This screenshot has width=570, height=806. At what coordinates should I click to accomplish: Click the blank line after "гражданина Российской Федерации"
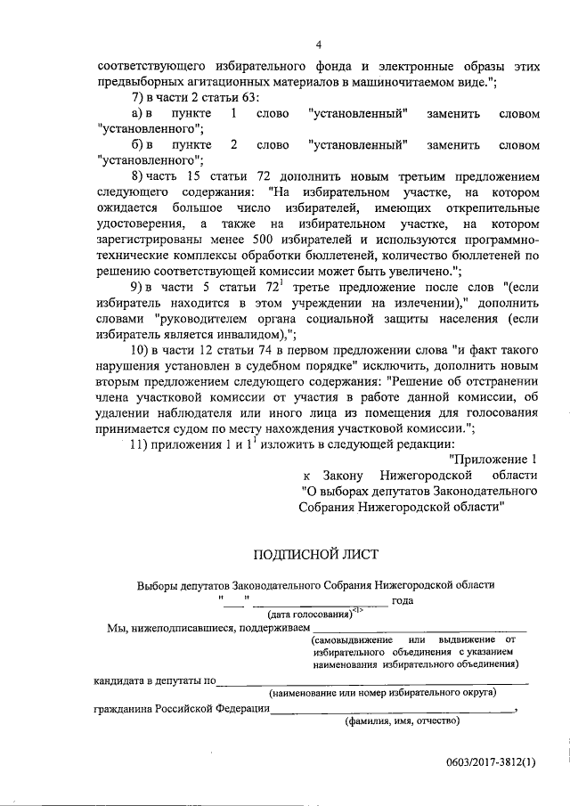point(392,710)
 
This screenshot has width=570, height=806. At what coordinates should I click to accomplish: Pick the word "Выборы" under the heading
point(157,585)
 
